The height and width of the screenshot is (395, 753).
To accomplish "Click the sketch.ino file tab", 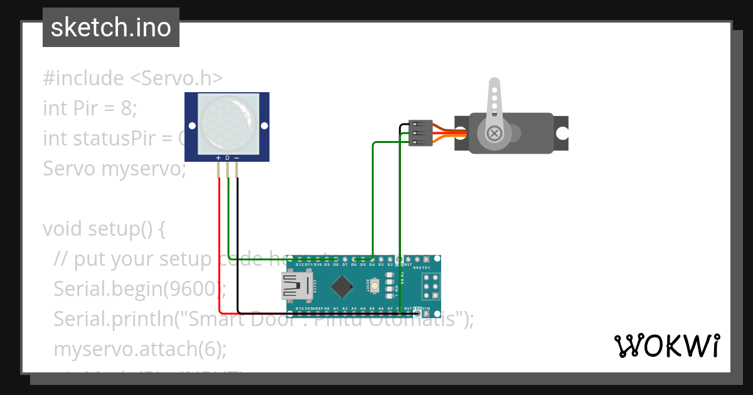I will click(x=111, y=28).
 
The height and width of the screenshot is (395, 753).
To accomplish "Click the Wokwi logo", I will click(x=666, y=346).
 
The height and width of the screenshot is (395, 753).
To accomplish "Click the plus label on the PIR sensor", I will click(x=218, y=157).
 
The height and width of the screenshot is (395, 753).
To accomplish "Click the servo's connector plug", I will click(x=420, y=133).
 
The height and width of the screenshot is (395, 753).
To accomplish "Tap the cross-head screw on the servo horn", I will click(x=494, y=133).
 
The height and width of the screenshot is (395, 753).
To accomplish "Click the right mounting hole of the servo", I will click(x=562, y=133).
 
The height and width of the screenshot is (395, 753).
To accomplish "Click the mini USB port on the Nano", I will click(x=295, y=287).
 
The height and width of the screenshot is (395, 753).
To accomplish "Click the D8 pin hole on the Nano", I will click(x=336, y=259).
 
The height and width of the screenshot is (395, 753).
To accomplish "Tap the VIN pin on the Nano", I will click(x=427, y=313).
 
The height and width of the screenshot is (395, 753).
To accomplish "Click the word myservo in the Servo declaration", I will click(x=144, y=169).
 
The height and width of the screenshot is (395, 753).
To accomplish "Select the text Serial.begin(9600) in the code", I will click(x=138, y=289).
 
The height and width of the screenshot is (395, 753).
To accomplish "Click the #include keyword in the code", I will click(x=83, y=78).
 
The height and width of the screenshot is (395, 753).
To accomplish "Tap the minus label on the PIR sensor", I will click(x=237, y=157).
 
